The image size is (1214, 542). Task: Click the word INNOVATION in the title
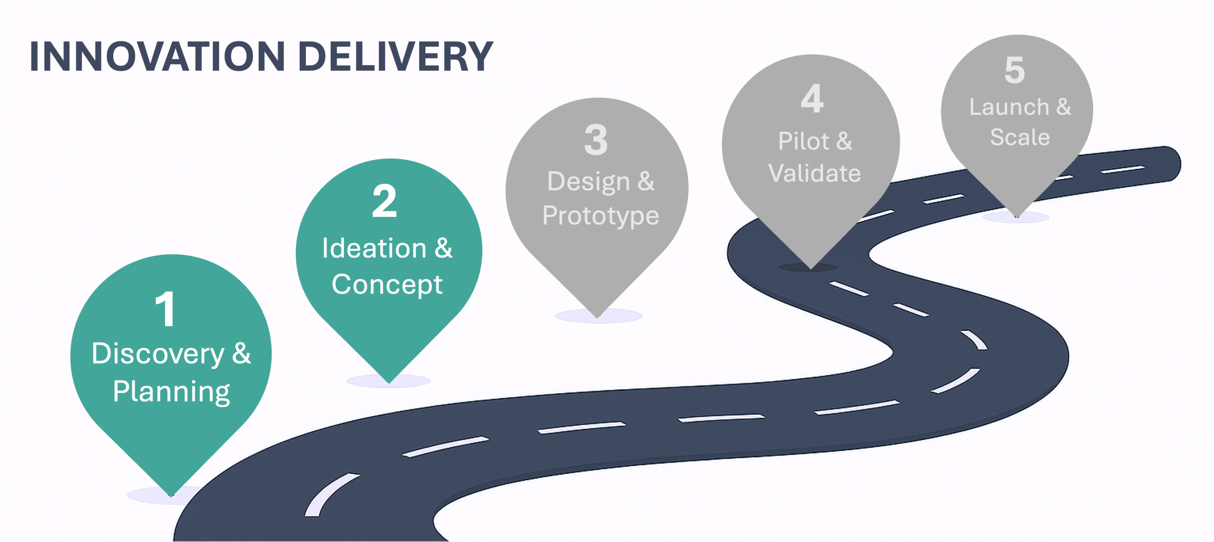pyautogui.click(x=156, y=57)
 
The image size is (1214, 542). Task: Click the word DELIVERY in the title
pyautogui.click(x=396, y=57)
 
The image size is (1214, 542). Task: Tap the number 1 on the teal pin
pyautogui.click(x=166, y=309)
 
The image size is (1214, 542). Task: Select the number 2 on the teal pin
pyautogui.click(x=385, y=201)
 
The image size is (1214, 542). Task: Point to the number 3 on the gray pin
pyautogui.click(x=596, y=140)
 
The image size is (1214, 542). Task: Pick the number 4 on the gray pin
pyautogui.click(x=812, y=99)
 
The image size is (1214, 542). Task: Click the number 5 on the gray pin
pyautogui.click(x=1015, y=70)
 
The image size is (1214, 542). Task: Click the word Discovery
pyautogui.click(x=158, y=354)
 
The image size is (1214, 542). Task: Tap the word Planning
pyautogui.click(x=171, y=392)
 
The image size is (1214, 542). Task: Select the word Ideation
pyautogui.click(x=374, y=249)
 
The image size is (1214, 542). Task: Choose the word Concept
pyautogui.click(x=387, y=285)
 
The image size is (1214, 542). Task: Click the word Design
pyautogui.click(x=589, y=182)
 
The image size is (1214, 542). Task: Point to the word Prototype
pyautogui.click(x=600, y=216)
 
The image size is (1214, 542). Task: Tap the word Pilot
pyautogui.click(x=803, y=141)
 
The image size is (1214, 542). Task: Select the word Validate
pyautogui.click(x=814, y=173)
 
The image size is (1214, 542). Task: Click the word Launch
pyautogui.click(x=1009, y=107)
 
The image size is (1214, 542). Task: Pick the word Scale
pyautogui.click(x=1020, y=138)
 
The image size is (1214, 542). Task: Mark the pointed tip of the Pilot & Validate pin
pyautogui.click(x=811, y=268)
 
